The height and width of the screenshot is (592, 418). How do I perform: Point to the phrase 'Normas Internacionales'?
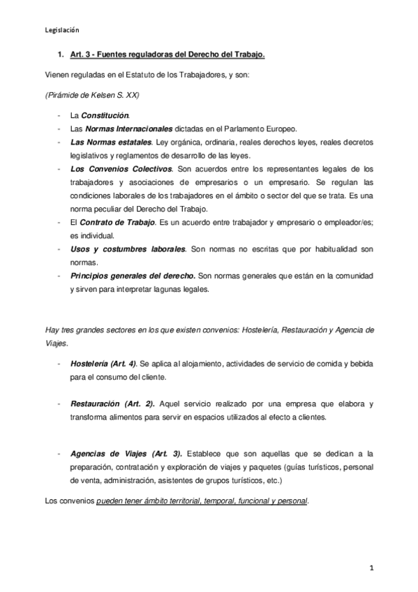128,128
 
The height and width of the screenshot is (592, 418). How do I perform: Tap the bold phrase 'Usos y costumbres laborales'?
128,249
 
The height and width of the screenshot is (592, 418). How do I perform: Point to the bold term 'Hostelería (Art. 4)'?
103,364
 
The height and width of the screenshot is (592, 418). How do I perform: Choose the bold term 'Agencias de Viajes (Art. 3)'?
125,454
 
